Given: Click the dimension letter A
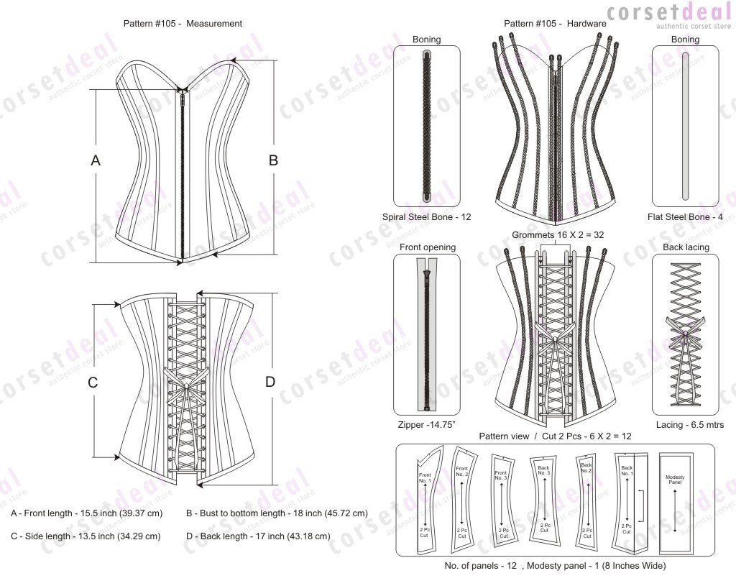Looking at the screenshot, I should pyautogui.click(x=96, y=162).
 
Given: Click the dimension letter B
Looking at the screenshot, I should pyautogui.click(x=273, y=161).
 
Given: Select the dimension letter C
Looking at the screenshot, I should pyautogui.click(x=93, y=383).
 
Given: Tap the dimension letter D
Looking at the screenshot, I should pyautogui.click(x=270, y=383).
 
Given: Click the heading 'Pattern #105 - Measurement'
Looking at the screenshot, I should pyautogui.click(x=183, y=23).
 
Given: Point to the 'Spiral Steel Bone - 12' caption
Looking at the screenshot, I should pyautogui.click(x=427, y=216).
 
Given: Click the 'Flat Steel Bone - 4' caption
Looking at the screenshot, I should pyautogui.click(x=684, y=216).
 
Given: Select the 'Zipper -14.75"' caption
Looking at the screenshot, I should pyautogui.click(x=427, y=425).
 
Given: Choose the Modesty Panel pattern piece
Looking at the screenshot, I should pyautogui.click(x=675, y=499).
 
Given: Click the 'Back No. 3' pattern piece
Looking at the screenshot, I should pyautogui.click(x=545, y=499).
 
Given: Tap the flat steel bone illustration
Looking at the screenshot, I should pyautogui.click(x=685, y=127).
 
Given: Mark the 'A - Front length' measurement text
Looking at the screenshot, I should pyautogui.click(x=86, y=513).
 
